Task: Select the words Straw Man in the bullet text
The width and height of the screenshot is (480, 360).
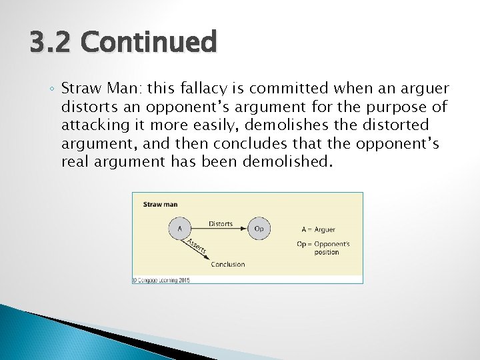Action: tap(101, 89)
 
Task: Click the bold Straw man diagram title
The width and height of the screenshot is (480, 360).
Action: tap(160, 204)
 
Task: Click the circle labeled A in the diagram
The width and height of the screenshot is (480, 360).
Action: tap(179, 229)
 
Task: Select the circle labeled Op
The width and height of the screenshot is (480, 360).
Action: tap(259, 229)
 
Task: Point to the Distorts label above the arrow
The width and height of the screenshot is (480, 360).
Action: tap(221, 223)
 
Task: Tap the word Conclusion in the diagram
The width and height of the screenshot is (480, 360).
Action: tap(227, 265)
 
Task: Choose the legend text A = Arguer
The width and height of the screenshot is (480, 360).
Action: tap(318, 229)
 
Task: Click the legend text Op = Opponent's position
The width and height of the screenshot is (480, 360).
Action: tap(323, 248)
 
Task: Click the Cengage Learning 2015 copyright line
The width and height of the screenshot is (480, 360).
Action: tap(161, 280)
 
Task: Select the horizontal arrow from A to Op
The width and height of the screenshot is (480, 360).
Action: tap(220, 229)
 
